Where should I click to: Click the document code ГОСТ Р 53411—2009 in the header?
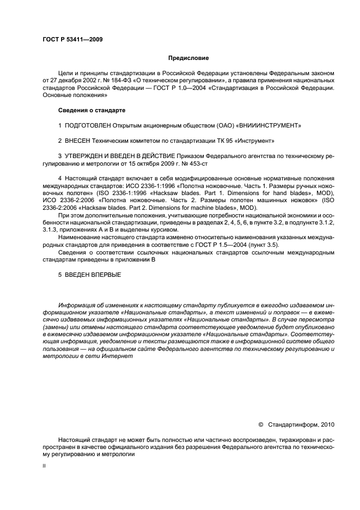point(72,39)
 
